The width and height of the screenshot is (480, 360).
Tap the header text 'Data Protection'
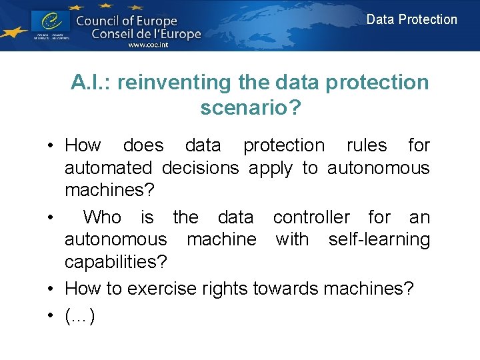412,19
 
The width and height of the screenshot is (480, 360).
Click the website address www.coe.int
148,45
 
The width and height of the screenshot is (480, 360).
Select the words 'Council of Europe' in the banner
127,21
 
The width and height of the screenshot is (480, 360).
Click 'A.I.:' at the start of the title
91,83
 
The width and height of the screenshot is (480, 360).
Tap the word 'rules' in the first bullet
367,145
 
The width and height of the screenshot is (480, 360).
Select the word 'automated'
108,168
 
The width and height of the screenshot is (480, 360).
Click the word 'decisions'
201,168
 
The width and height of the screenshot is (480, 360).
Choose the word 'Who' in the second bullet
102,217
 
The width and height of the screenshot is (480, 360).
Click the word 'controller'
311,217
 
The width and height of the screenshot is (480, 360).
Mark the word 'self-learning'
379,239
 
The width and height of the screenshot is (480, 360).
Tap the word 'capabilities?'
115,262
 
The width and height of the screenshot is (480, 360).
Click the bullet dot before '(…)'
50,315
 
